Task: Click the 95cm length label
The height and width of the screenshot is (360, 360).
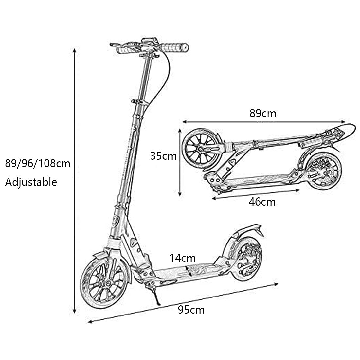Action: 191,310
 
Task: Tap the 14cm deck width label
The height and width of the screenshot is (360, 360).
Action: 183,258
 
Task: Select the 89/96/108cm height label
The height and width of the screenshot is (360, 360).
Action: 38,164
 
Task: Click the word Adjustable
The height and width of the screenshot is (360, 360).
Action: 31,182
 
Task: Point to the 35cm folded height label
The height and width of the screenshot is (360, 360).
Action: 163,156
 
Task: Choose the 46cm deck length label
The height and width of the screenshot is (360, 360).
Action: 262,202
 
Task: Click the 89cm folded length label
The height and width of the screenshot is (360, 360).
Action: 263,114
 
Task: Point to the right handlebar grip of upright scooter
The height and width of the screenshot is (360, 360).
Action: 174,47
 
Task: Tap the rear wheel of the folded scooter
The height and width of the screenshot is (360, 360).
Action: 323,171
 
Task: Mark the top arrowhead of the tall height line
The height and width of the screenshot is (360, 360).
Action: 74,50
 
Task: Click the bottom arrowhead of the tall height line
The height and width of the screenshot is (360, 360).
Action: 74,311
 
